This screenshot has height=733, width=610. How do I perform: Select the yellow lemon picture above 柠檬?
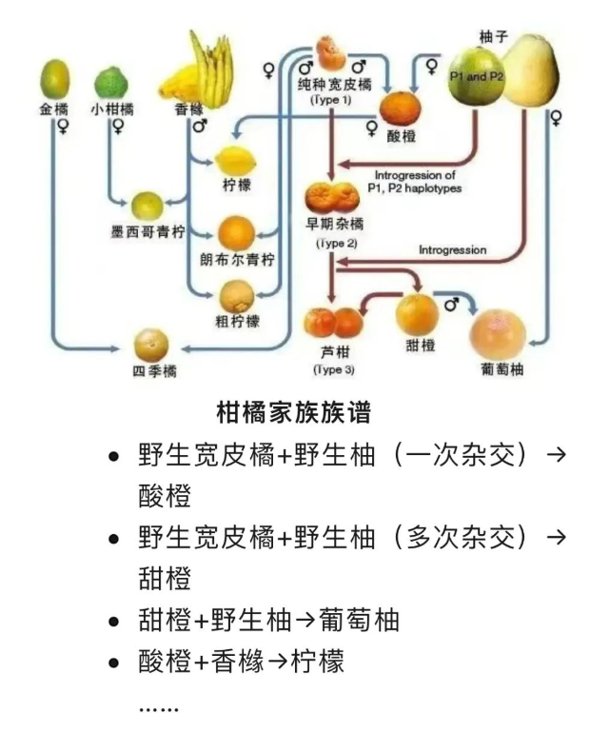pos(232,159)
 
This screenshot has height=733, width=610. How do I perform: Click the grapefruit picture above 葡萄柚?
pos(498,334)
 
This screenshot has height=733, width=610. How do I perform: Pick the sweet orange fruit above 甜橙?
pos(417,313)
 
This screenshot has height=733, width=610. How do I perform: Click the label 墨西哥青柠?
pos(147,231)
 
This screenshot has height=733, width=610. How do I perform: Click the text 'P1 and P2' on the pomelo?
pos(477,76)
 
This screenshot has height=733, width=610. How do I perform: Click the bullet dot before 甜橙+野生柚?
pos(115,622)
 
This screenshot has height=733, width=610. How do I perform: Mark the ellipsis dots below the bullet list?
pos(158,708)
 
